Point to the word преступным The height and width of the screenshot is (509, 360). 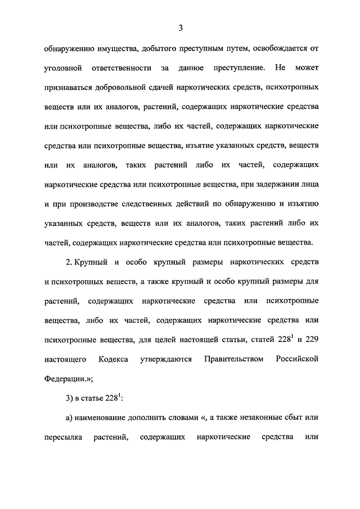point(203,49)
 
